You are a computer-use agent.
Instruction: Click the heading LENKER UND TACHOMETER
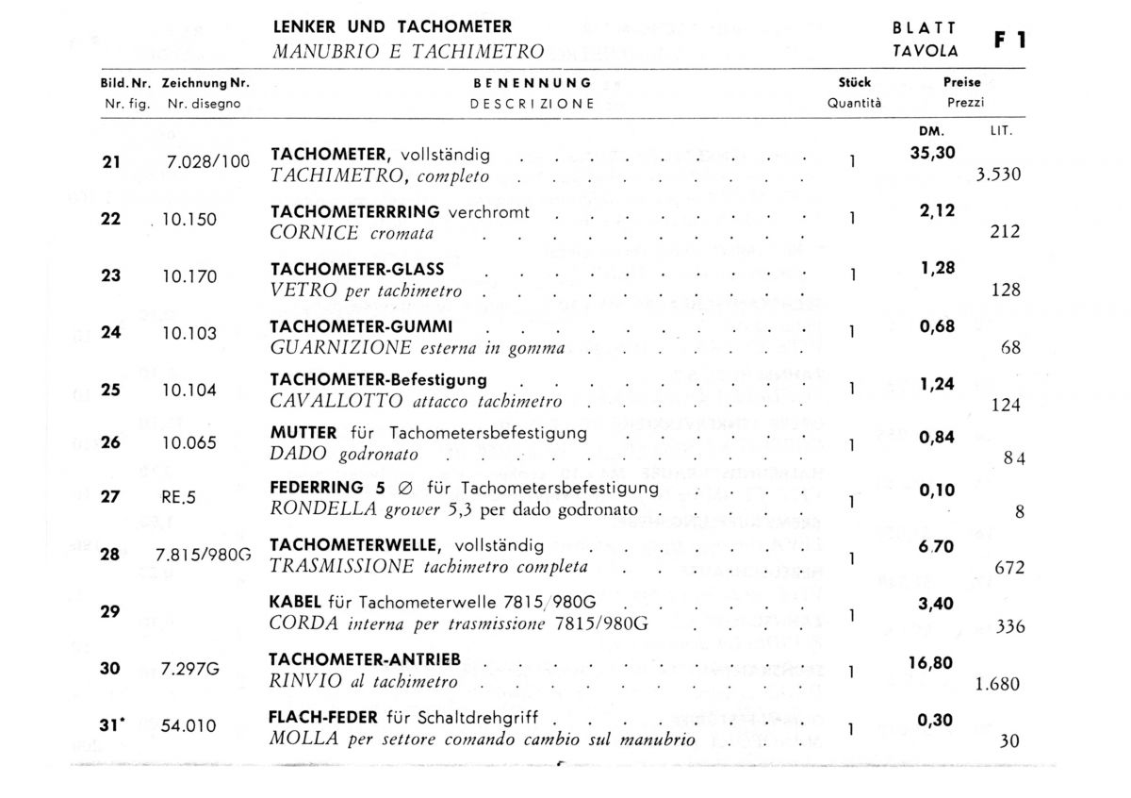click(392, 27)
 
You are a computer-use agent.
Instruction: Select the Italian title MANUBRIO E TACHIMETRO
click(407, 51)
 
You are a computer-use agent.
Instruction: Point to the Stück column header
click(854, 83)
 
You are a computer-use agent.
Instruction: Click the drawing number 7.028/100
click(208, 162)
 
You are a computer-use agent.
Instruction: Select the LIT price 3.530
click(998, 175)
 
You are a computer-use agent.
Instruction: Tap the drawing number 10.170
click(189, 276)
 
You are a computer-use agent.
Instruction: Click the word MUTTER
click(303, 433)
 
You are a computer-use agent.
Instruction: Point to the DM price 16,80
click(931, 662)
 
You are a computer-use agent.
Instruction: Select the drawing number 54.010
click(189, 726)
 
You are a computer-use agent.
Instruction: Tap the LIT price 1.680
click(998, 685)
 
